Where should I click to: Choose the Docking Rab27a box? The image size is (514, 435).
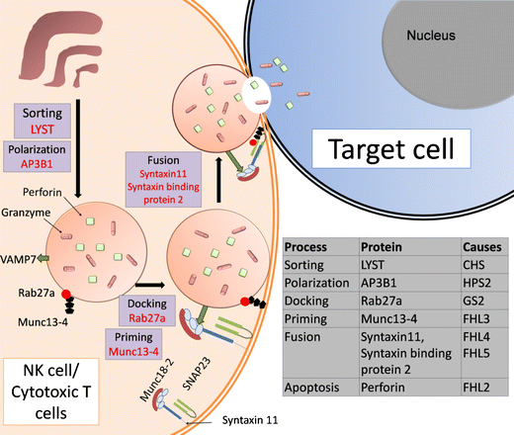(145, 308)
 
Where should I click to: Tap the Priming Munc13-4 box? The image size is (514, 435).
(145, 344)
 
